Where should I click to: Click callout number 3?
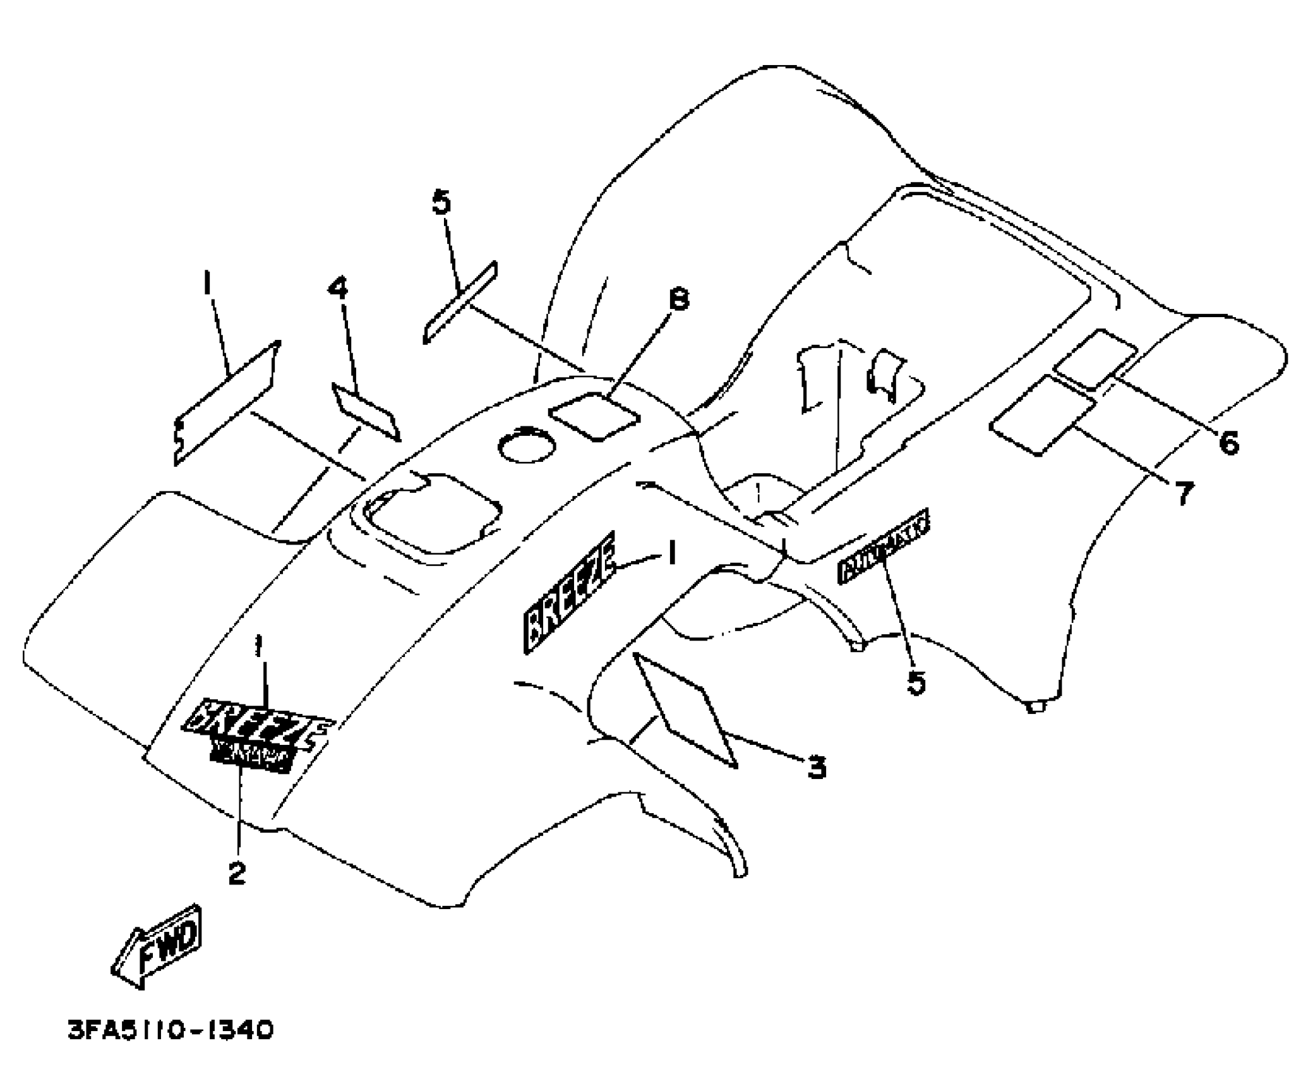tap(817, 768)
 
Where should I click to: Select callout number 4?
tap(339, 289)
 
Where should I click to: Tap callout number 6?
tap(1229, 443)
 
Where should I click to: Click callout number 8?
tap(678, 299)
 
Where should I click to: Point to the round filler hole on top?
tap(525, 446)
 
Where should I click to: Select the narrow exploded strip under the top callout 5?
tap(460, 302)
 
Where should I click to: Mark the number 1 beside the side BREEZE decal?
tap(672, 554)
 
